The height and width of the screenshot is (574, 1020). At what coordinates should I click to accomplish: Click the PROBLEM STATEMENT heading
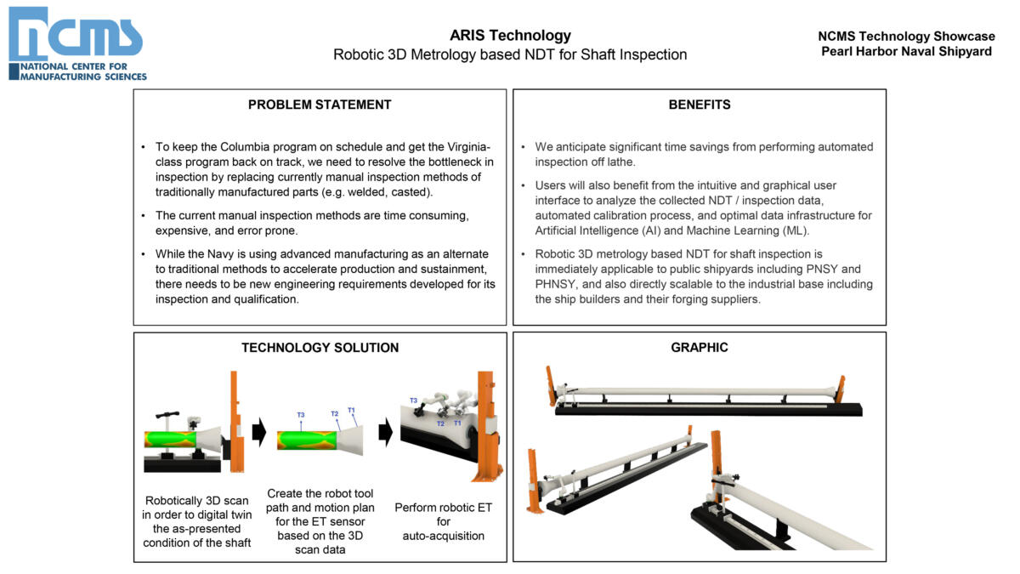point(320,105)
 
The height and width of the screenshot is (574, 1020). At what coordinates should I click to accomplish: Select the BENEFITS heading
point(699,105)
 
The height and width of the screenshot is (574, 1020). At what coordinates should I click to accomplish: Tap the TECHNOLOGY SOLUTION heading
point(320,347)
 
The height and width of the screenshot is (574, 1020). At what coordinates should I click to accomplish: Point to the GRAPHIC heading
point(699,347)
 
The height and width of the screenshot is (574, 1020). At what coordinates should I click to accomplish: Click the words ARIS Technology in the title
point(510,36)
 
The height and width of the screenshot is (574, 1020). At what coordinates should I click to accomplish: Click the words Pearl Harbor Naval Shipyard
point(906,51)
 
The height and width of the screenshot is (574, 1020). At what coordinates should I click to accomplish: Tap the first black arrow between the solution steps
point(259,432)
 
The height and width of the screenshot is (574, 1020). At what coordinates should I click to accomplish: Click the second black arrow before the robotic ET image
point(385,432)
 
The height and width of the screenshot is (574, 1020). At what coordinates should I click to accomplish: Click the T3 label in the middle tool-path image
point(301,415)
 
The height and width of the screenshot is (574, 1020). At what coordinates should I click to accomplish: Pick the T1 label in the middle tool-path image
point(351,411)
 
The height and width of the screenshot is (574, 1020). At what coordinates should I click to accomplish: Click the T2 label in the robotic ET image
point(440,423)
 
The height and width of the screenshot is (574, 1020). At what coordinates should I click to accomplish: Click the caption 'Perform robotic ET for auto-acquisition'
point(443,521)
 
